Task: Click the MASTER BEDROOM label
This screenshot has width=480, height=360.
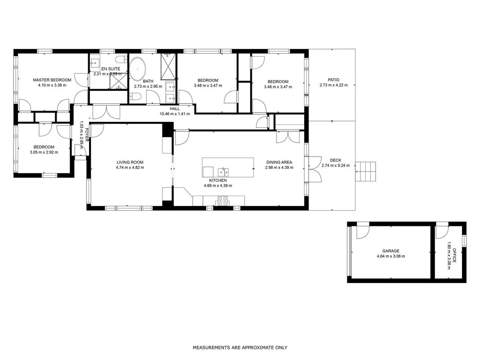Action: [x=52, y=80]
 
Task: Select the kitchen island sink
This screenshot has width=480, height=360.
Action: [x=223, y=171]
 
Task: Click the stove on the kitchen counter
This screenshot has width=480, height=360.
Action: [x=223, y=201]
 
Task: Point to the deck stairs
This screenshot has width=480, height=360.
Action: [x=365, y=171]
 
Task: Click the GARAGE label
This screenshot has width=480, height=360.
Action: [x=391, y=251]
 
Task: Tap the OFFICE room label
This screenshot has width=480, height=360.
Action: [x=454, y=255]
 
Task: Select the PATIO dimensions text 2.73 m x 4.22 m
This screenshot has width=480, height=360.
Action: [x=333, y=85]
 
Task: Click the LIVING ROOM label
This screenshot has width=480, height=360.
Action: [x=130, y=162]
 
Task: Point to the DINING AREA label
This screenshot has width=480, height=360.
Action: [x=279, y=162]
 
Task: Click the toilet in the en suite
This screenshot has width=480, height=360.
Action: [x=121, y=59]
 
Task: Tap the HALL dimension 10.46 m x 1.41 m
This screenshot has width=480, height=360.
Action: [x=175, y=114]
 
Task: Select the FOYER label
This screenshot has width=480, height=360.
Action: [x=87, y=135]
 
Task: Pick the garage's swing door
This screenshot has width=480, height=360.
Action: [x=363, y=232]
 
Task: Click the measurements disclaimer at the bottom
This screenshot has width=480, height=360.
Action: [x=240, y=347]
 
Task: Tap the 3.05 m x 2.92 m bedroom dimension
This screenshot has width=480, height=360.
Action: [x=44, y=152]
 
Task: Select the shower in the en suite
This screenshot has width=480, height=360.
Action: [x=118, y=81]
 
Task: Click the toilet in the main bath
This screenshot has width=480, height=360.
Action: [x=135, y=97]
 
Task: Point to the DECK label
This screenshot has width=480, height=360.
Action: [x=336, y=160]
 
